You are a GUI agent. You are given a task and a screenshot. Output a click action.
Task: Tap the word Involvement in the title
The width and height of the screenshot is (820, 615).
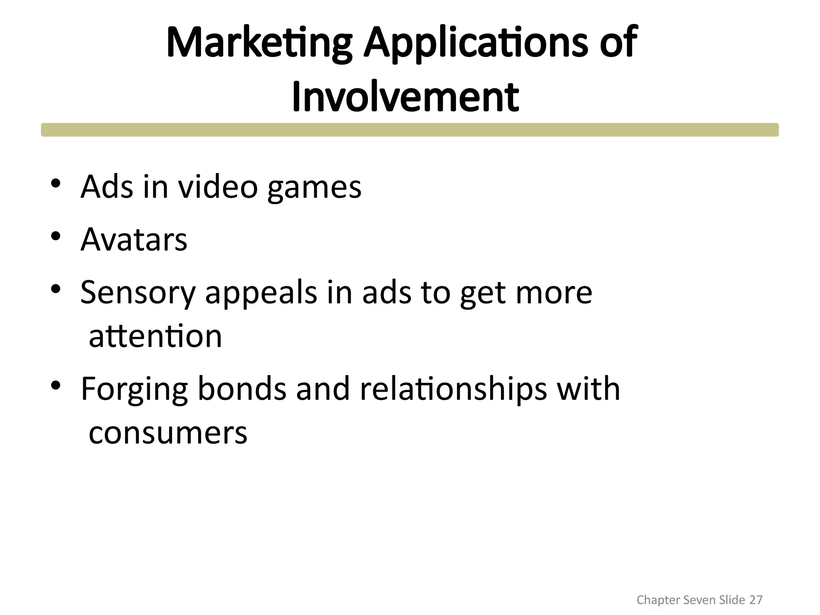pyautogui.click(x=405, y=97)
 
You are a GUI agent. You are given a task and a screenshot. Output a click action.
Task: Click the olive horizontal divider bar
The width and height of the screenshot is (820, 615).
pyautogui.click(x=410, y=130)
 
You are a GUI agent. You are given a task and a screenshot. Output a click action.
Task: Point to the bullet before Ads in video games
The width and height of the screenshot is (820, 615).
pyautogui.click(x=56, y=183)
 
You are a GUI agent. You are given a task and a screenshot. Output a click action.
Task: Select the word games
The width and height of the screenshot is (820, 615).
pyautogui.click(x=314, y=187)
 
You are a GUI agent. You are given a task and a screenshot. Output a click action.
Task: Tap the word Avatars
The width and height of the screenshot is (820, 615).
pyautogui.click(x=134, y=239)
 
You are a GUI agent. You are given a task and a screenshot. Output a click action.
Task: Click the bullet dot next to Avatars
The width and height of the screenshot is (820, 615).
pyautogui.click(x=56, y=236)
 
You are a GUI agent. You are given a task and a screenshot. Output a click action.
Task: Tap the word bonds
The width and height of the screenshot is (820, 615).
pyautogui.click(x=242, y=388)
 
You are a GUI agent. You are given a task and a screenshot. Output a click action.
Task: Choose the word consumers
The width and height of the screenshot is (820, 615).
pyautogui.click(x=168, y=432)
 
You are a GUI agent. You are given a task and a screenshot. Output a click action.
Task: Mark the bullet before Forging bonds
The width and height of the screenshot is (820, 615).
pyautogui.click(x=56, y=385)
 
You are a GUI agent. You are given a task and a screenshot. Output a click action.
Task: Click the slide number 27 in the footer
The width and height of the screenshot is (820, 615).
pyautogui.click(x=756, y=600)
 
